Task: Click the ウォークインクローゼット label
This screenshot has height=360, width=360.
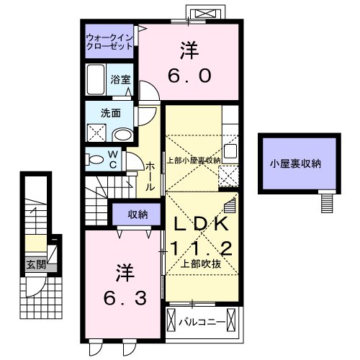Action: point(108,40)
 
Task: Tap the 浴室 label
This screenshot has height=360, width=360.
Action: point(120,80)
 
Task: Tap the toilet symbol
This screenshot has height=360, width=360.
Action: point(94,158)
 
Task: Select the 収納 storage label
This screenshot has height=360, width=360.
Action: point(138,214)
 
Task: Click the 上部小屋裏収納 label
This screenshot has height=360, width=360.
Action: point(193,160)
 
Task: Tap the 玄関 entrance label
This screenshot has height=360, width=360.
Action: point(37,264)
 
